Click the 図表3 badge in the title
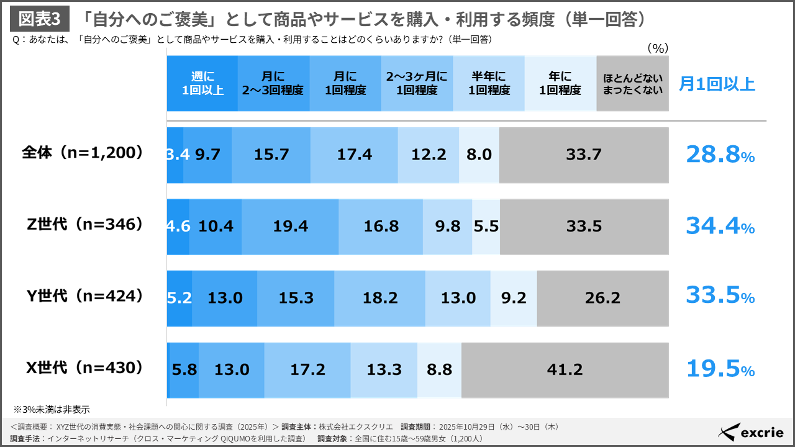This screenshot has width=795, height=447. click(39, 19)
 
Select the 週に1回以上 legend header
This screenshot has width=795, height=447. click(202, 84)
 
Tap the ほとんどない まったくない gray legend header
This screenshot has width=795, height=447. click(632, 84)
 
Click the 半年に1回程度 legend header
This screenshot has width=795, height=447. click(489, 84)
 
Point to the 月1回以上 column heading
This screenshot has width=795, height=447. click(717, 84)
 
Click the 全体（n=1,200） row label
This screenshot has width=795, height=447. click(82, 153)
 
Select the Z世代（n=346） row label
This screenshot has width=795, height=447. click(82, 225)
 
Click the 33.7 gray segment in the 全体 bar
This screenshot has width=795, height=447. click(583, 155)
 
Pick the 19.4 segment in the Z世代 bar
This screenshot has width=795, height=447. click(290, 227)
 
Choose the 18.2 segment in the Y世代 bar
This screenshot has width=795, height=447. click(379, 298)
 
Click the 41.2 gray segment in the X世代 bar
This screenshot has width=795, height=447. click(565, 369)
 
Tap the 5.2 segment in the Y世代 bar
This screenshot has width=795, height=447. click(179, 298)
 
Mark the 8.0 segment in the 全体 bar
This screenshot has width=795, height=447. click(479, 155)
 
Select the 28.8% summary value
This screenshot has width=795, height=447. click(719, 155)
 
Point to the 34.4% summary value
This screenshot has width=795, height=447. click(719, 226)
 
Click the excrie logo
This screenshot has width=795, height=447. click(750, 432)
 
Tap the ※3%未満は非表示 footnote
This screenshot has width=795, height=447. click(52, 409)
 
